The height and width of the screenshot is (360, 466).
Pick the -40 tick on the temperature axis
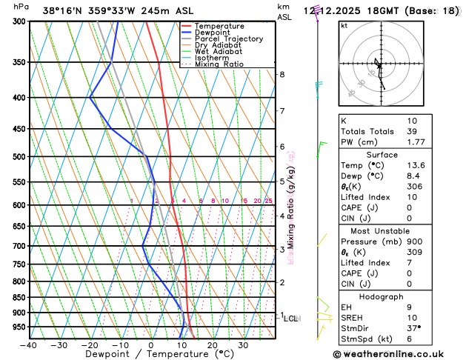28,345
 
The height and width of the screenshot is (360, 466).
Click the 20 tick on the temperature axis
212,345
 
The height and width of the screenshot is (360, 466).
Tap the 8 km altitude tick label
282,75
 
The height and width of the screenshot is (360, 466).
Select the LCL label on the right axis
291,319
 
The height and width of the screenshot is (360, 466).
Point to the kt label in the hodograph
344,26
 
